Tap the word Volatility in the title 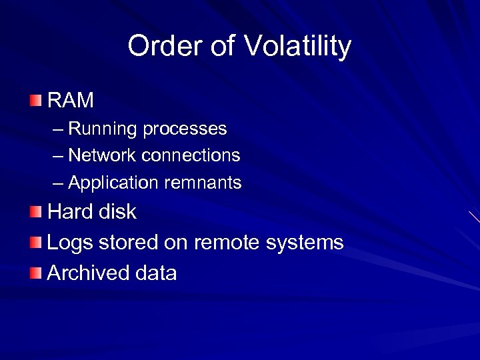tap(297, 47)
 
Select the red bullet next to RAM tap(35, 101)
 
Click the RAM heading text tap(71, 101)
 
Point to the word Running tap(103, 129)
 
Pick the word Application tap(111, 182)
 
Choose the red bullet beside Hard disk tap(35, 213)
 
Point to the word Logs tap(70, 243)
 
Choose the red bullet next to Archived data tap(35, 273)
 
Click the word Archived tap(88, 273)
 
